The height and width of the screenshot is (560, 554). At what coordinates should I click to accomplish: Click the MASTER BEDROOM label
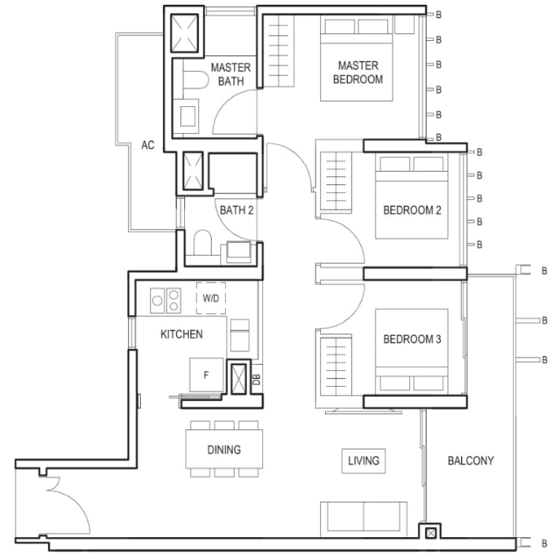point(358,72)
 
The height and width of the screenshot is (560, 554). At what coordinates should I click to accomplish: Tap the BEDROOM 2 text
point(412,210)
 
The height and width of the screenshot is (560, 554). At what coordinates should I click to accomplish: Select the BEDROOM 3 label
point(412,339)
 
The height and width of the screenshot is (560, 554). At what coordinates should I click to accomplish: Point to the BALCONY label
point(471,461)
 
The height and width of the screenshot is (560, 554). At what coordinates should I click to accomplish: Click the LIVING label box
point(364,461)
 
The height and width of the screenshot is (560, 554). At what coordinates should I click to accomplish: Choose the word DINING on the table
point(224,449)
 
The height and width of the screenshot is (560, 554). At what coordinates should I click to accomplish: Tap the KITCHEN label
point(182,334)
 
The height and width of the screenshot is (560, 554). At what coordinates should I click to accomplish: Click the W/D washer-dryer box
point(211,299)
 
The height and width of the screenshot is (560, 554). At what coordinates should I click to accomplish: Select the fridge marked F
point(206,375)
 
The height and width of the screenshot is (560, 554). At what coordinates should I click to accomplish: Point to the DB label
point(257,380)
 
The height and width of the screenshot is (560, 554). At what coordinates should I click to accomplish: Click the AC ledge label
point(148,145)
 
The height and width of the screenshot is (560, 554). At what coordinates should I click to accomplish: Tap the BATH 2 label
point(237,210)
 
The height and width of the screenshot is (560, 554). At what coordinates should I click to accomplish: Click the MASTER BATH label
point(231,74)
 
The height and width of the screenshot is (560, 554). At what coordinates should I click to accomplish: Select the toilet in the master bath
point(195,80)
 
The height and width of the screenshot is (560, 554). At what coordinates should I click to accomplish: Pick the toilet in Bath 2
point(202,243)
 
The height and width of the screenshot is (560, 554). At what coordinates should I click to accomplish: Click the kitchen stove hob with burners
point(165,301)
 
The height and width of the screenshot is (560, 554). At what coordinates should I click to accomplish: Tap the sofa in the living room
point(364,519)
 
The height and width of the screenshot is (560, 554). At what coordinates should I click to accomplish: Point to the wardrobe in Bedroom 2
point(336,183)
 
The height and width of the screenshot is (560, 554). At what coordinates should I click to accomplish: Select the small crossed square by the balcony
point(431,533)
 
